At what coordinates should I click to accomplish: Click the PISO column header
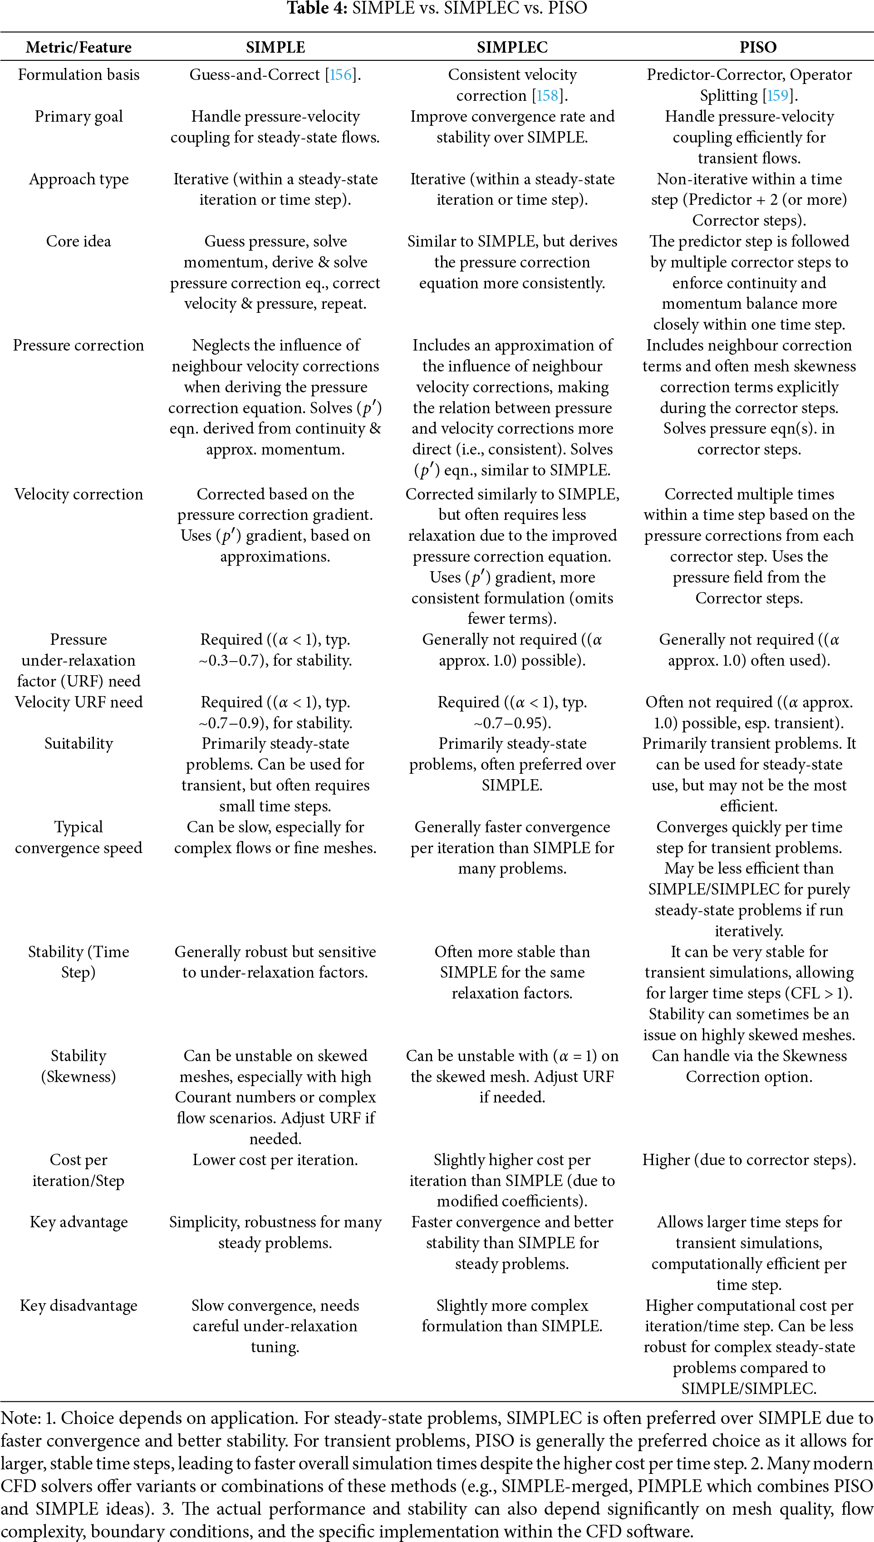(x=757, y=47)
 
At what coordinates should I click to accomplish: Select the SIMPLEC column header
(x=512, y=47)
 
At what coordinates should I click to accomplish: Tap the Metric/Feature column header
(x=79, y=47)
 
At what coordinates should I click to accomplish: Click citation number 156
(x=341, y=75)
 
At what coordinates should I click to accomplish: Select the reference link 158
(x=547, y=95)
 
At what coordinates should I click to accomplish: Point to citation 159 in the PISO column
(x=778, y=95)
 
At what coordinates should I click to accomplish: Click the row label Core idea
(x=79, y=242)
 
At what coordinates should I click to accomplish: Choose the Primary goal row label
(x=79, y=117)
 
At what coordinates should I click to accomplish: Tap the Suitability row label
(x=79, y=743)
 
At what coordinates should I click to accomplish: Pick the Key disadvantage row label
(x=79, y=1305)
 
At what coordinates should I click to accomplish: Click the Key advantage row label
(x=79, y=1222)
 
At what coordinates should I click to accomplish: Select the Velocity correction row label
(x=79, y=494)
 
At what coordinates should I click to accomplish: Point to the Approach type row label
(x=79, y=179)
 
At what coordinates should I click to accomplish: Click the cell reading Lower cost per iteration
(x=275, y=1160)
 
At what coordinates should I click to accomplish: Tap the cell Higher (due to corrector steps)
(x=749, y=1160)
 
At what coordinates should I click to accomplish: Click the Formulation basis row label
(x=79, y=75)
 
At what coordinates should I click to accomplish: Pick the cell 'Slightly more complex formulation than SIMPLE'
(x=512, y=1315)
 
